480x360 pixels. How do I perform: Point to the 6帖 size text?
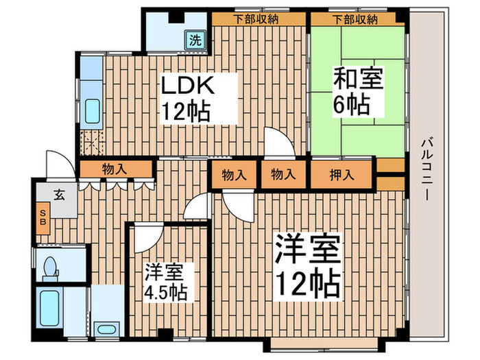[x=352, y=105]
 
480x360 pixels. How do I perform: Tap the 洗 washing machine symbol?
[x=196, y=39]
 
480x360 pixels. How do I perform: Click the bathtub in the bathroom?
[x=50, y=307]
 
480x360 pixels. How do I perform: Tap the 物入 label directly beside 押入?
[x=283, y=175]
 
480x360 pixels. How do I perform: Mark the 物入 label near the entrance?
[x=114, y=168]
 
